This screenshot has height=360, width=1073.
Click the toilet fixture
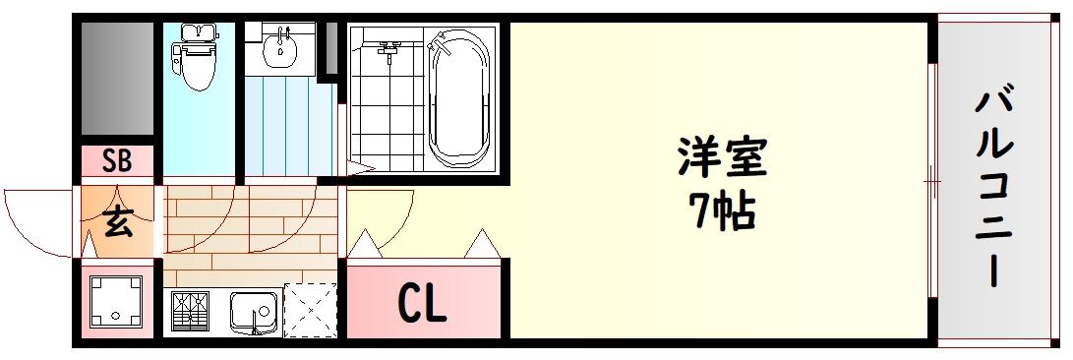(199, 55)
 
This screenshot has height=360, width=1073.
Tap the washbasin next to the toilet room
(282, 45)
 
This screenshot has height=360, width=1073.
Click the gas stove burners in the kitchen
(196, 313)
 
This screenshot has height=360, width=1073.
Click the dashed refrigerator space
(310, 311)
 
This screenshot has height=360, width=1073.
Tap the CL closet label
(422, 304)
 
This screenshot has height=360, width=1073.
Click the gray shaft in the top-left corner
(117, 79)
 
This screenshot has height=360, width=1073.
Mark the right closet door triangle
(482, 243)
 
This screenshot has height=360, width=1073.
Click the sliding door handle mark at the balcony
(932, 181)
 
